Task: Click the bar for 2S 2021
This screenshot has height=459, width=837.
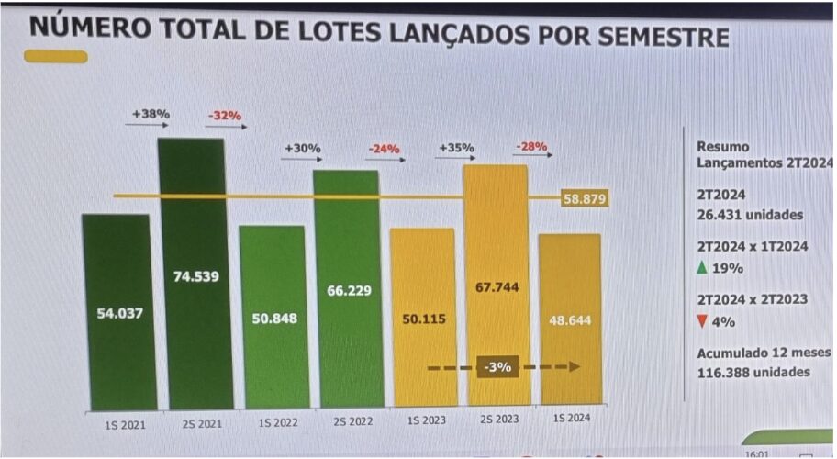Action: click(192, 275)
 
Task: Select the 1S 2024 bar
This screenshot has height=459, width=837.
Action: click(569, 321)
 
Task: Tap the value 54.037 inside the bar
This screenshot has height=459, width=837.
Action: click(116, 313)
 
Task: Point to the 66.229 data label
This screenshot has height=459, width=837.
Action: click(348, 290)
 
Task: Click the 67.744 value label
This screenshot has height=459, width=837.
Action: click(497, 285)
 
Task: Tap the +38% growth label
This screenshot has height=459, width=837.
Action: click(150, 114)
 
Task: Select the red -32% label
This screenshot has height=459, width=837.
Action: click(224, 116)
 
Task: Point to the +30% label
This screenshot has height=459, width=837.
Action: click(302, 147)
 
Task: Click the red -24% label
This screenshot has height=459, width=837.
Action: click(384, 147)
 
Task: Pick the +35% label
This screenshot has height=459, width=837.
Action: click(456, 147)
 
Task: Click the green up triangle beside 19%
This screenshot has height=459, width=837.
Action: click(701, 268)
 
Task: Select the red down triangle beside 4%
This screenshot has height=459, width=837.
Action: click(701, 321)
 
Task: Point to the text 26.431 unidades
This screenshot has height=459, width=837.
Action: click(749, 215)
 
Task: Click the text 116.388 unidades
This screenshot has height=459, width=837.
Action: click(753, 372)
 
